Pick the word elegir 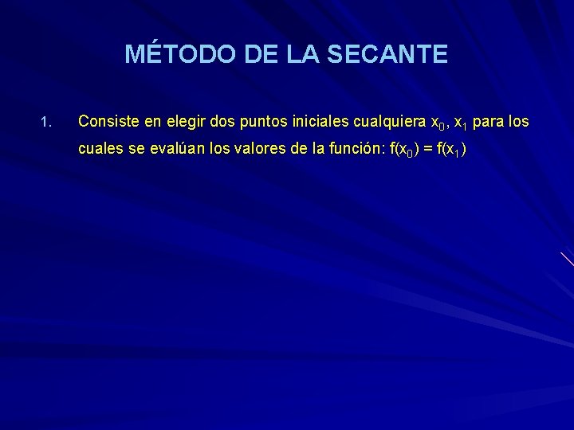coord(181,123)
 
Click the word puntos coord(262,123)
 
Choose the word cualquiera coord(387,123)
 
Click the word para coord(487,123)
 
